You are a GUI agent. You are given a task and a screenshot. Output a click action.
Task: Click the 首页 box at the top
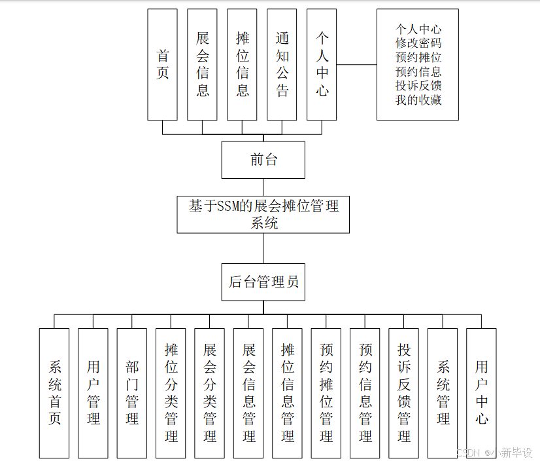tap(162, 64)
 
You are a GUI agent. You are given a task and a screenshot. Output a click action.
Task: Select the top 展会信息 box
tap(202, 64)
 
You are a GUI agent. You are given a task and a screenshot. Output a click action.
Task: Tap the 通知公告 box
tap(282, 64)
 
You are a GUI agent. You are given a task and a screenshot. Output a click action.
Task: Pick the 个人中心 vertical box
tap(322, 64)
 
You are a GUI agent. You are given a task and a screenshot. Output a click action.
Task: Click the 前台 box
tap(263, 160)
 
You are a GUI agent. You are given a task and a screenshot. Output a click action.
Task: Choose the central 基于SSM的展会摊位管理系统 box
tap(263, 214)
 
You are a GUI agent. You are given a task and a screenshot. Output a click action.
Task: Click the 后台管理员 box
tap(263, 282)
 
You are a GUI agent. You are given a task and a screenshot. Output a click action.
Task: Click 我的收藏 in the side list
tap(418, 100)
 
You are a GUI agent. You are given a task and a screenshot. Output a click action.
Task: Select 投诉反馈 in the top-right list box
tap(418, 86)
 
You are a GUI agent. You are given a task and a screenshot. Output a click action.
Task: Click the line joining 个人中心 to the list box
tap(356, 65)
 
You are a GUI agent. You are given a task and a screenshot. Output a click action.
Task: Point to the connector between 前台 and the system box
tap(263, 187)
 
